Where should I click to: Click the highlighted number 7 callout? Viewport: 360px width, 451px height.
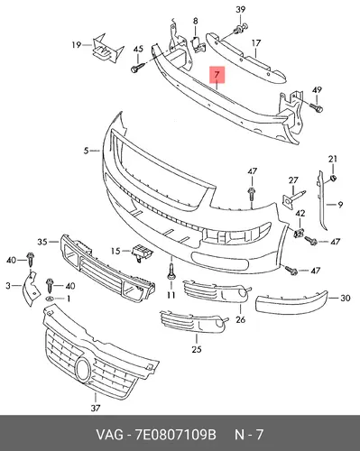(217, 74)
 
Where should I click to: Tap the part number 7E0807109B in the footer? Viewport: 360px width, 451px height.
(176, 435)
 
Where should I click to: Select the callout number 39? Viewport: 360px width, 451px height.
(240, 10)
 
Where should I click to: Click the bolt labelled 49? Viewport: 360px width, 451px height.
(316, 107)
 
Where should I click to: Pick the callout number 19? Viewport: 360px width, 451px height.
(77, 45)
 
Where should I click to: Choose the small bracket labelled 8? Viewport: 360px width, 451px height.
(198, 44)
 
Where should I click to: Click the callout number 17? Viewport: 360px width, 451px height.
(256, 43)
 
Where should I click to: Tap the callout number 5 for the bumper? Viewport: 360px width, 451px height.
(87, 151)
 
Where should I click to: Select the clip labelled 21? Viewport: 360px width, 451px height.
(333, 178)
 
